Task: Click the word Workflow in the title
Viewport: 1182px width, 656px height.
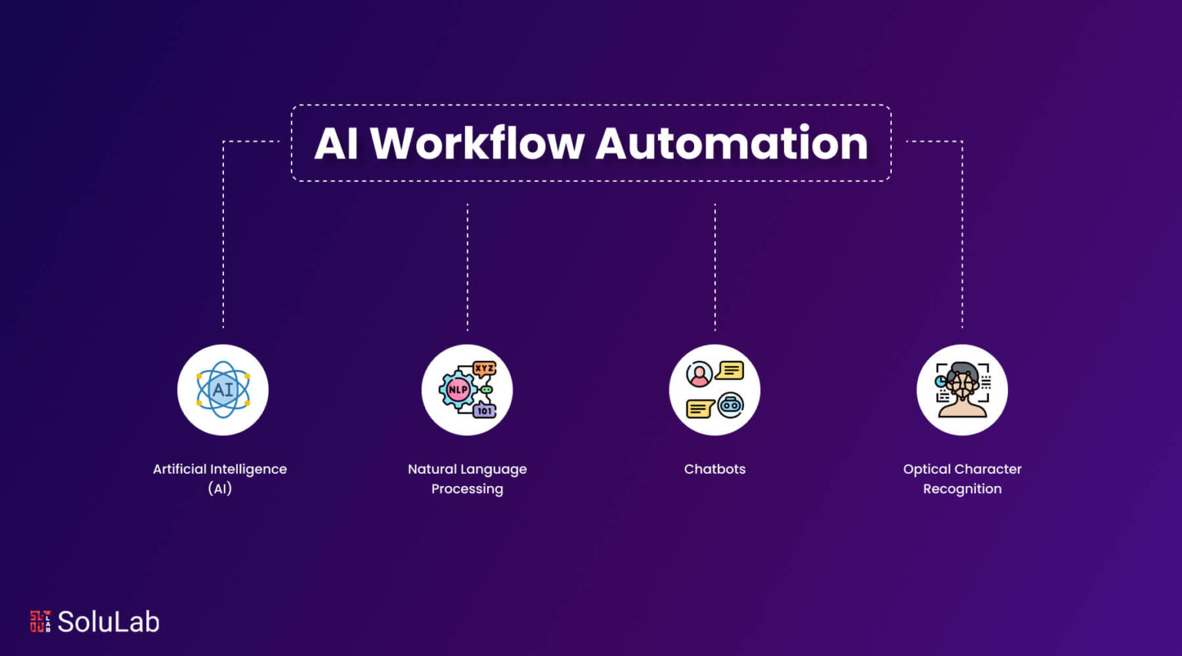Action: click(477, 144)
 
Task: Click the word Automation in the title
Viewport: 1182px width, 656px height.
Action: click(731, 144)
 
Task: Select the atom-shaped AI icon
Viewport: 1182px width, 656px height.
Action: click(222, 390)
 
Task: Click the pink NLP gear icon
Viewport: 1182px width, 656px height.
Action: click(458, 390)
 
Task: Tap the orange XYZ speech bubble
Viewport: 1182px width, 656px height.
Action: click(484, 368)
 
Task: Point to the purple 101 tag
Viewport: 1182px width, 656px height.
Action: click(484, 410)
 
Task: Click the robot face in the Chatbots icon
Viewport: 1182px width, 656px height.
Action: click(730, 405)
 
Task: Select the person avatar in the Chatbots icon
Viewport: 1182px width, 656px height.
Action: click(700, 374)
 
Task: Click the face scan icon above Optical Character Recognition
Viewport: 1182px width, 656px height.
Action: click(962, 390)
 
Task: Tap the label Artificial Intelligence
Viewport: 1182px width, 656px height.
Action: click(220, 469)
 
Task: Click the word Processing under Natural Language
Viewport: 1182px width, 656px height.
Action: click(467, 489)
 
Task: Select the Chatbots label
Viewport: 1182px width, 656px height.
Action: click(714, 469)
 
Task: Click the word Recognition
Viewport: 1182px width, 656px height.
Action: click(962, 489)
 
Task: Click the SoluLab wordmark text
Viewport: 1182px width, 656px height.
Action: click(109, 621)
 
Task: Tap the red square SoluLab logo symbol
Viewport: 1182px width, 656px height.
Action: click(40, 621)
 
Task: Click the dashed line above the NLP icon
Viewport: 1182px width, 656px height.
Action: click(467, 267)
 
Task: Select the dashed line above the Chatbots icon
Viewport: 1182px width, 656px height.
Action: click(715, 267)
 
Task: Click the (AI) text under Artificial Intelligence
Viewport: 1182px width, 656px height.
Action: click(219, 489)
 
